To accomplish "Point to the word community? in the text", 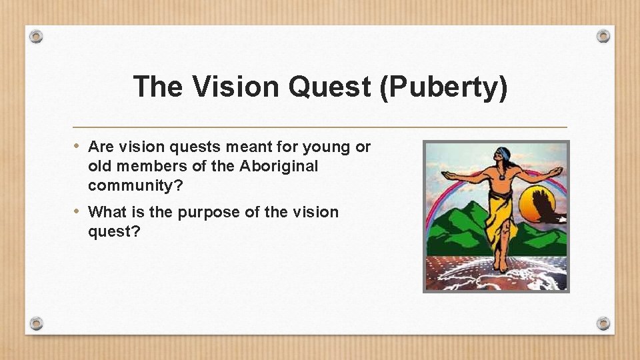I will coord(136,185).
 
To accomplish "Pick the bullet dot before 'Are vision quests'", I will coord(78,146).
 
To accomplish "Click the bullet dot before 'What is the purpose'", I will coord(78,211).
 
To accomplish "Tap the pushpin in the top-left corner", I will coord(37,36).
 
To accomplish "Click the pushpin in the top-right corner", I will coord(603,35).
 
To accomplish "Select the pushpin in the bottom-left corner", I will coord(37,323).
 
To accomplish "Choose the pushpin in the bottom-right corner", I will coord(603,323).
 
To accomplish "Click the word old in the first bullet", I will coord(99,166).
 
